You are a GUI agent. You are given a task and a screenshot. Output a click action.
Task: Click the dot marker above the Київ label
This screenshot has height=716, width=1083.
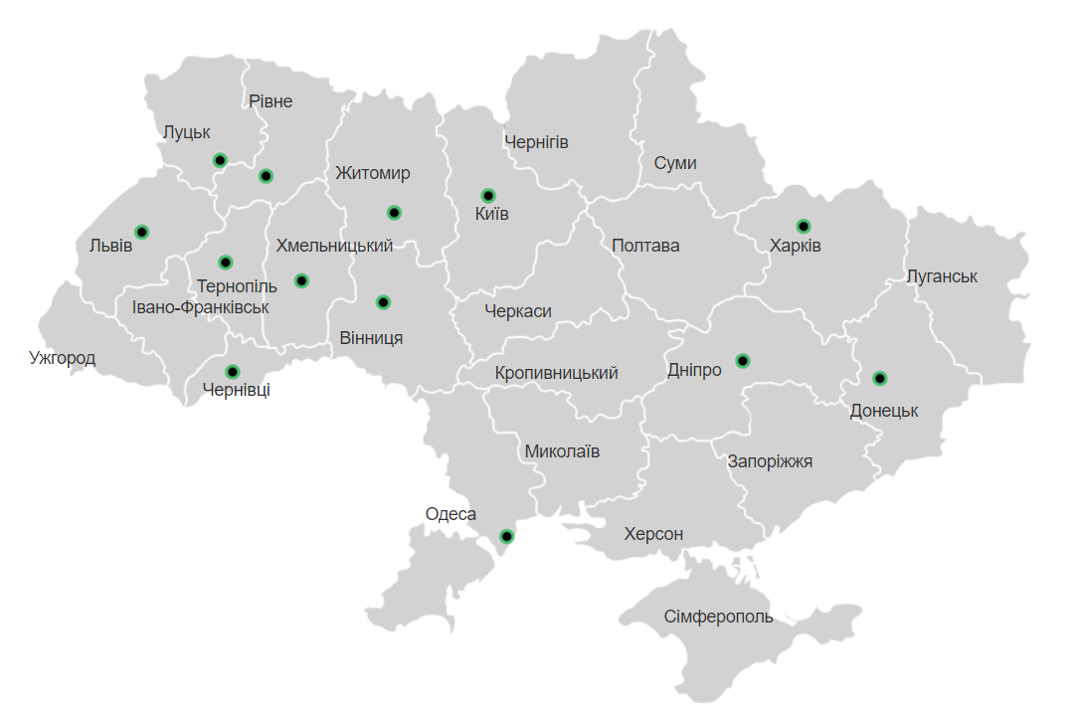pos(488,195)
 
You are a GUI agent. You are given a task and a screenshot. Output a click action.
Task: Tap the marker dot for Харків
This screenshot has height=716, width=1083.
pos(804,226)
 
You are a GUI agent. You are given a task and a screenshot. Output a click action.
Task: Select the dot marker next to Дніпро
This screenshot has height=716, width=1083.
pos(743,360)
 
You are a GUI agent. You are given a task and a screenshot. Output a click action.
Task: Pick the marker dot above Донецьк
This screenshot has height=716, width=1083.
pos(880,378)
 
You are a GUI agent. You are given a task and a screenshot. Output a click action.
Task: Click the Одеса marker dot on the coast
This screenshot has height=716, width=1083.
pos(506,536)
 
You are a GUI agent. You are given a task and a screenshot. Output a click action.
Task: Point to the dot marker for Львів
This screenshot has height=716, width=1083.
pos(142,232)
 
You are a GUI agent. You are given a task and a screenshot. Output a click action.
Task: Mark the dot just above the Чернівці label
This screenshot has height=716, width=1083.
pos(233,372)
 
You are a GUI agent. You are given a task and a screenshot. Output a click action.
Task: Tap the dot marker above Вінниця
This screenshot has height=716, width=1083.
pos(384,302)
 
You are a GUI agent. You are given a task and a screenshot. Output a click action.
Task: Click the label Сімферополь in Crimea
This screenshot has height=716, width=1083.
pos(718,617)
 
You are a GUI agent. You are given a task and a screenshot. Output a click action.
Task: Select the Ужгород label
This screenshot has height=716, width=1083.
pos(63,358)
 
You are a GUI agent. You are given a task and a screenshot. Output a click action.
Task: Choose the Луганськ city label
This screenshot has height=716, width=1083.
pos(942,276)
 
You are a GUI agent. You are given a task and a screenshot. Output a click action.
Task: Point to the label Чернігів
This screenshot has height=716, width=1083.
pos(536,142)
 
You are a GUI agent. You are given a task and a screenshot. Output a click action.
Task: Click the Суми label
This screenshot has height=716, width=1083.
pos(675,163)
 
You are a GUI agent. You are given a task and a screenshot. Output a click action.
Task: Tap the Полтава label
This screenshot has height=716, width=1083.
pos(645,246)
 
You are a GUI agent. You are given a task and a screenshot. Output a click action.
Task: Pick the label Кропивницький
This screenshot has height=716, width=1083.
pos(556,373)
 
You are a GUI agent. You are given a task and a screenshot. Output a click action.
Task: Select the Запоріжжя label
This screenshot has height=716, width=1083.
pos(770,461)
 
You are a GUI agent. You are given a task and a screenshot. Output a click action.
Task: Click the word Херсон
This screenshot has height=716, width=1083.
pos(653,534)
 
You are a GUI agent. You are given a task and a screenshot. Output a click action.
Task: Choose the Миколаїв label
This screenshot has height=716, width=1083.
pos(562,451)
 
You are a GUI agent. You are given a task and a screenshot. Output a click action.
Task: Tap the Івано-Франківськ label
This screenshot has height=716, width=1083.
pos(200,307)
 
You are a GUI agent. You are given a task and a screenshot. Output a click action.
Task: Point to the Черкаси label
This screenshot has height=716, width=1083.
pos(518,311)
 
